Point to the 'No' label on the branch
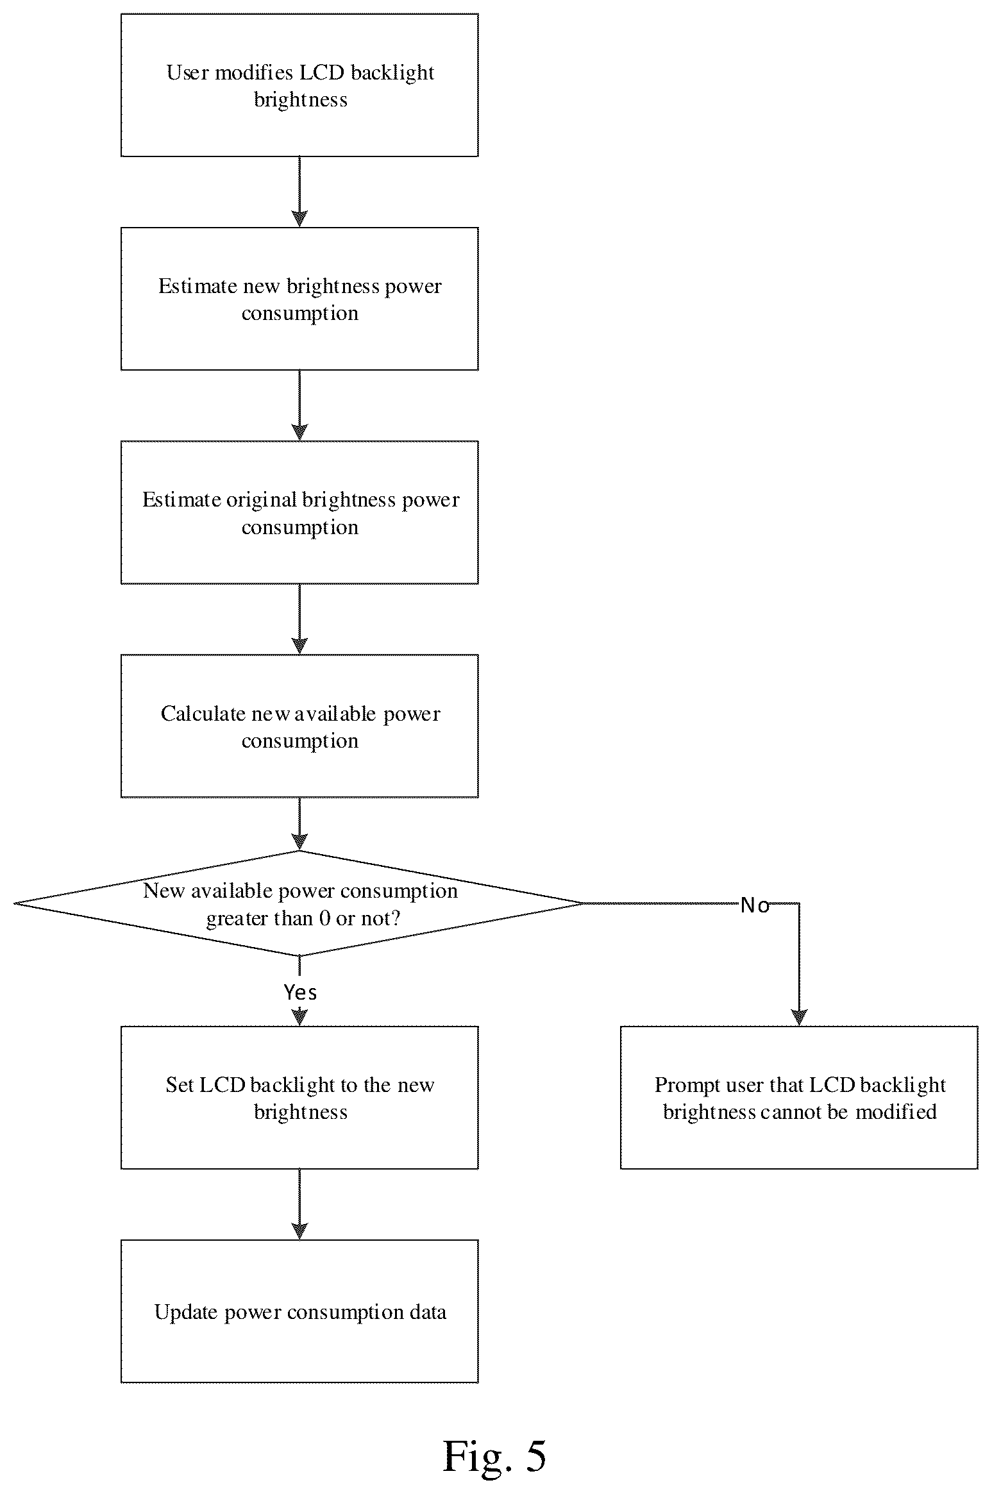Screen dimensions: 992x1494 (x=755, y=905)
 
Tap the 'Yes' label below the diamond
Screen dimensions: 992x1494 (x=300, y=993)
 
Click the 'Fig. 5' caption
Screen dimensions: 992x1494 (x=494, y=1456)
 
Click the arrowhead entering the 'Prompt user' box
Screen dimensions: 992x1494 (x=799, y=1018)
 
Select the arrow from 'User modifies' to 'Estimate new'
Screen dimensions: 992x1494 (x=299, y=192)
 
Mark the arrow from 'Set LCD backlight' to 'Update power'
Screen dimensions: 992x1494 (x=299, y=1204)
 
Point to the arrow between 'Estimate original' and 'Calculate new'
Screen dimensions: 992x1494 (x=299, y=619)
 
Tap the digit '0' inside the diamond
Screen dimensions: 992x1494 (x=324, y=918)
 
